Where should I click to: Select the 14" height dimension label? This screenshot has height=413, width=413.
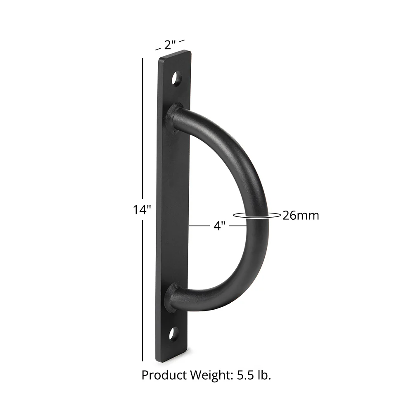[x=140, y=210]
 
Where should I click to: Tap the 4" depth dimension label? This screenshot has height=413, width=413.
[x=220, y=226]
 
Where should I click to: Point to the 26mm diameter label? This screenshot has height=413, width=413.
[x=301, y=215]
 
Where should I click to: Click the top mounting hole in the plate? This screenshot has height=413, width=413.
[x=177, y=78]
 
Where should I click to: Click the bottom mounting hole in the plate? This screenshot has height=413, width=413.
[x=174, y=333]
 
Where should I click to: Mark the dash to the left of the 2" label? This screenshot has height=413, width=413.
[x=158, y=49]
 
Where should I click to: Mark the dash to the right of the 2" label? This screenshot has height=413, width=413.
[x=182, y=40]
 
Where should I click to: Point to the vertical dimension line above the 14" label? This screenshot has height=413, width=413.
[x=143, y=128]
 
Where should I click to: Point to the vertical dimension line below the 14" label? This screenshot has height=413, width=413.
[x=143, y=289]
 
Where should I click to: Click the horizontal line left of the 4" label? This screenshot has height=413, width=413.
[x=200, y=226]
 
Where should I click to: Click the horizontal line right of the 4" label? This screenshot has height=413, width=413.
[x=238, y=226]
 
